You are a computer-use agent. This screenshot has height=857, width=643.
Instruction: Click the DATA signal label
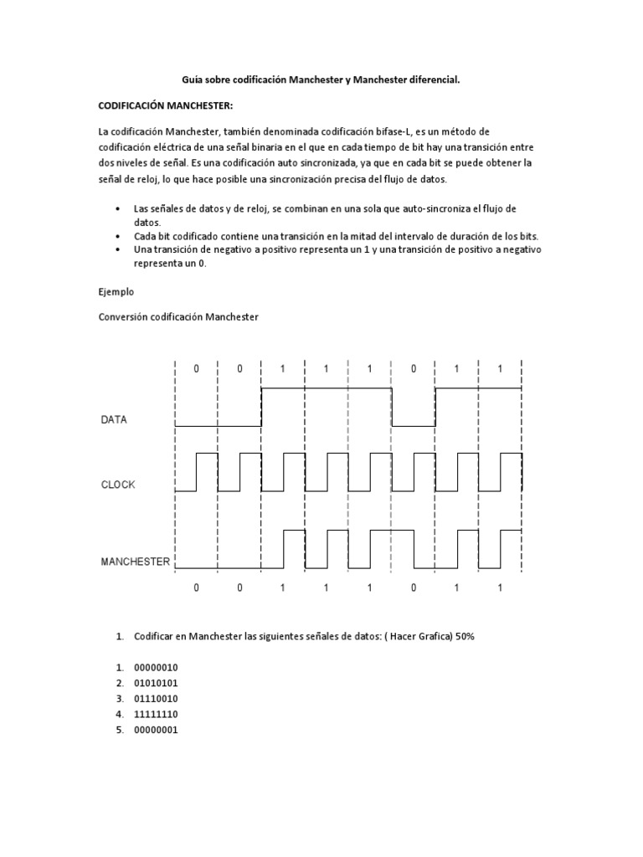pyautogui.click(x=114, y=420)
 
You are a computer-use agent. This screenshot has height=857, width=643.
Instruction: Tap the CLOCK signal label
pyautogui.click(x=118, y=485)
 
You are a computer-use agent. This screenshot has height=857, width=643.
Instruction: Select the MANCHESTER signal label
pyautogui.click(x=136, y=562)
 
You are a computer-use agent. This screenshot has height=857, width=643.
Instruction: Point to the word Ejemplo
pyautogui.click(x=116, y=293)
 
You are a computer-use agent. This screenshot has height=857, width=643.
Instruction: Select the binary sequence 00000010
pyautogui.click(x=156, y=667)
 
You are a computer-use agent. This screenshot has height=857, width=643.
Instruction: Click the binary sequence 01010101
pyautogui.click(x=156, y=683)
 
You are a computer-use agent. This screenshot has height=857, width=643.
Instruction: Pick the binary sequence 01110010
pyautogui.click(x=156, y=698)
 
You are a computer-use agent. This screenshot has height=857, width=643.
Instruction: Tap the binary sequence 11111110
pyautogui.click(x=156, y=714)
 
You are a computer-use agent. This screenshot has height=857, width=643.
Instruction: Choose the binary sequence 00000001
pyautogui.click(x=156, y=730)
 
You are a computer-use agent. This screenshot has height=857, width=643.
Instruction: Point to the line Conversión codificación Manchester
pyautogui.click(x=178, y=317)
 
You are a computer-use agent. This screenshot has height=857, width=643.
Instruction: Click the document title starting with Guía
pyautogui.click(x=321, y=80)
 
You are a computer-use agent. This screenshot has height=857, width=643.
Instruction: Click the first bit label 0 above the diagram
pyautogui.click(x=197, y=369)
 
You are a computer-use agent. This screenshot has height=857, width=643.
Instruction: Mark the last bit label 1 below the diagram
pyautogui.click(x=500, y=588)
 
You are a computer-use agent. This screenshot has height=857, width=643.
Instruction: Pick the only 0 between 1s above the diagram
pyautogui.click(x=414, y=369)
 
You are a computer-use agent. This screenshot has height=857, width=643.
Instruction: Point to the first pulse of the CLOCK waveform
pyautogui.click(x=207, y=472)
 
